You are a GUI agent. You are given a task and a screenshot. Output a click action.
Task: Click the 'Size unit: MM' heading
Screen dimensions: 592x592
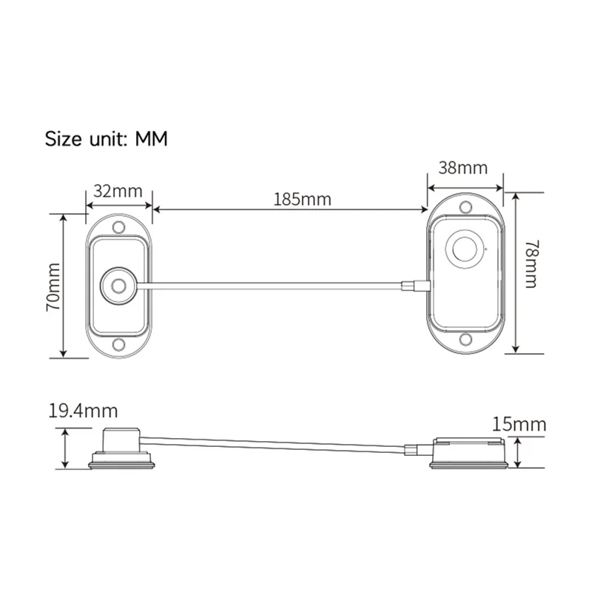tap(107, 138)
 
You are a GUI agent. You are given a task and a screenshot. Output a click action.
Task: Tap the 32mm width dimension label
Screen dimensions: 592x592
tap(118, 191)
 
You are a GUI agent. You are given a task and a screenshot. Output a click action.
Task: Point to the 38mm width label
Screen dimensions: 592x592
tap(463, 167)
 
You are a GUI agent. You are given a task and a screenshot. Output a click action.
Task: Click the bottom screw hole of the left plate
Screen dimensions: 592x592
tap(118, 344)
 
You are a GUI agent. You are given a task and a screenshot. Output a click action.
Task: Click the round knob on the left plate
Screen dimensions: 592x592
tap(117, 285)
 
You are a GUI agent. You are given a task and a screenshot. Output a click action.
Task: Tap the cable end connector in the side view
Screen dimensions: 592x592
tap(409, 451)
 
